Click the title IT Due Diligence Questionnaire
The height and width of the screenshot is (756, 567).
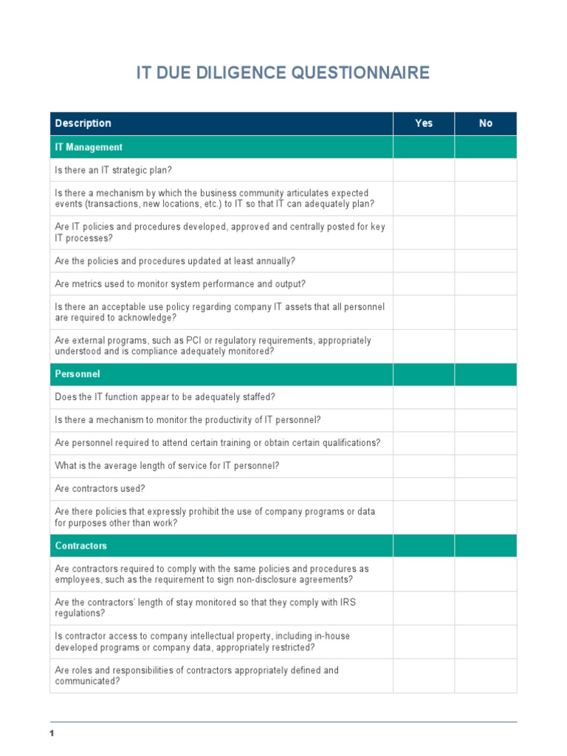(x=283, y=73)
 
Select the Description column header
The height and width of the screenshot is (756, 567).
(x=83, y=123)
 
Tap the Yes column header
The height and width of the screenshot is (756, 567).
(x=424, y=123)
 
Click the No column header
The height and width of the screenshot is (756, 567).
(x=485, y=123)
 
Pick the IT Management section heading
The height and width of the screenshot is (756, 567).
(x=89, y=147)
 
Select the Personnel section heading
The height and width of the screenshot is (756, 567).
(x=78, y=374)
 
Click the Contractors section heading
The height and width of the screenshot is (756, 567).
(x=81, y=546)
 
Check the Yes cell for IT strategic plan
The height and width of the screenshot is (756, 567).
(x=424, y=170)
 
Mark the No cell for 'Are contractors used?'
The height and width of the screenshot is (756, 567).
(x=485, y=489)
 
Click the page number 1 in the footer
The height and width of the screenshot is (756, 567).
(x=52, y=733)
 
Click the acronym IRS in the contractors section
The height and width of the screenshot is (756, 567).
(x=347, y=602)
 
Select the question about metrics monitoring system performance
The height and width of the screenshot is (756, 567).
(x=180, y=284)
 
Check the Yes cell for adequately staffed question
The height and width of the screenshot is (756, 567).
(x=424, y=397)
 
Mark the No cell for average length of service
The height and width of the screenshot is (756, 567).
(x=485, y=466)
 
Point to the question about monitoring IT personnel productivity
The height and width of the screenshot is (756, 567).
(x=188, y=420)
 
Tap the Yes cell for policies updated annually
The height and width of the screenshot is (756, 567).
(x=424, y=261)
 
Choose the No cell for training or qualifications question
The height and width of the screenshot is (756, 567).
(x=485, y=443)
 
